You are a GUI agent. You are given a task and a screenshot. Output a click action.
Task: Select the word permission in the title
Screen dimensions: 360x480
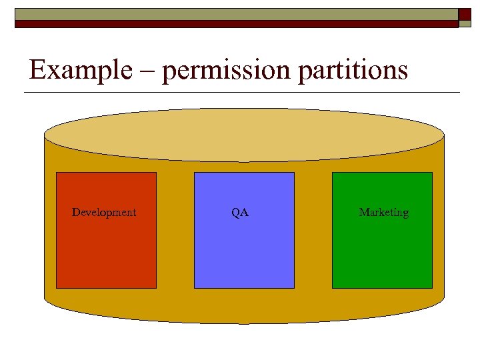(225, 71)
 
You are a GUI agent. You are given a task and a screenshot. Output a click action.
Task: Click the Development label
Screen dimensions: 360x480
(104, 213)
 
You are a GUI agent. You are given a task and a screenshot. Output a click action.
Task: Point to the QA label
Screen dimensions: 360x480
(240, 213)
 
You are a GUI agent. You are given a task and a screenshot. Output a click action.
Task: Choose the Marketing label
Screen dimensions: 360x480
(383, 213)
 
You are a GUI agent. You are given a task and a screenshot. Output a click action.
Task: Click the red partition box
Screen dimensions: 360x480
(106, 253)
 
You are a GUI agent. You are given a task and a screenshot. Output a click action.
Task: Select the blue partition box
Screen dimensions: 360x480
(244, 253)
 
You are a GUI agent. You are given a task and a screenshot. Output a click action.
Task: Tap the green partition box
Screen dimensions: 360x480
(382, 253)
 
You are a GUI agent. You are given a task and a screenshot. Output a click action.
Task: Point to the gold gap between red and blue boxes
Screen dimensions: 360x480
(175, 230)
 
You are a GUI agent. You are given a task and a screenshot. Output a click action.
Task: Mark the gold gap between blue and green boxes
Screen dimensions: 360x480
(313, 230)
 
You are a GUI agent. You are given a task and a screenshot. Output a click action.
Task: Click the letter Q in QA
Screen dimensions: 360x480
(236, 213)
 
